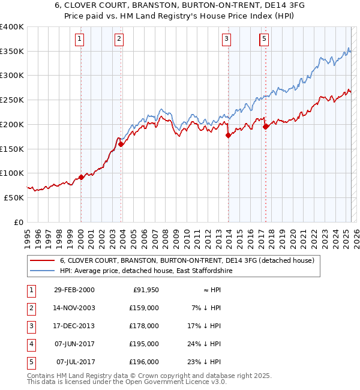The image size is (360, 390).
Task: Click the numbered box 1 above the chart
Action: pyautogui.click(x=80, y=40)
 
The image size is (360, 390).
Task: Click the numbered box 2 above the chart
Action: pyautogui.click(x=119, y=40)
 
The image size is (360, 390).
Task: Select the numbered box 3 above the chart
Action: pyautogui.click(x=227, y=40)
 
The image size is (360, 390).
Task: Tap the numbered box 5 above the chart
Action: pyautogui.click(x=265, y=40)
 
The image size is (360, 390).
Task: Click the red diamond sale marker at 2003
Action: pyautogui.click(x=121, y=144)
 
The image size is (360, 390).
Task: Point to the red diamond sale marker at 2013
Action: pyautogui.click(x=228, y=136)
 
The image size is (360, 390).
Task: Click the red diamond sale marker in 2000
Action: pyautogui.click(x=81, y=177)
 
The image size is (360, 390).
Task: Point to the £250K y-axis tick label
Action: pyautogui.click(x=12, y=100)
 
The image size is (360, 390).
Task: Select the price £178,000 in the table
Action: pyautogui.click(x=145, y=326)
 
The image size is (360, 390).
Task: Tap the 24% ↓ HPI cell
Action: pyautogui.click(x=208, y=344)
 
